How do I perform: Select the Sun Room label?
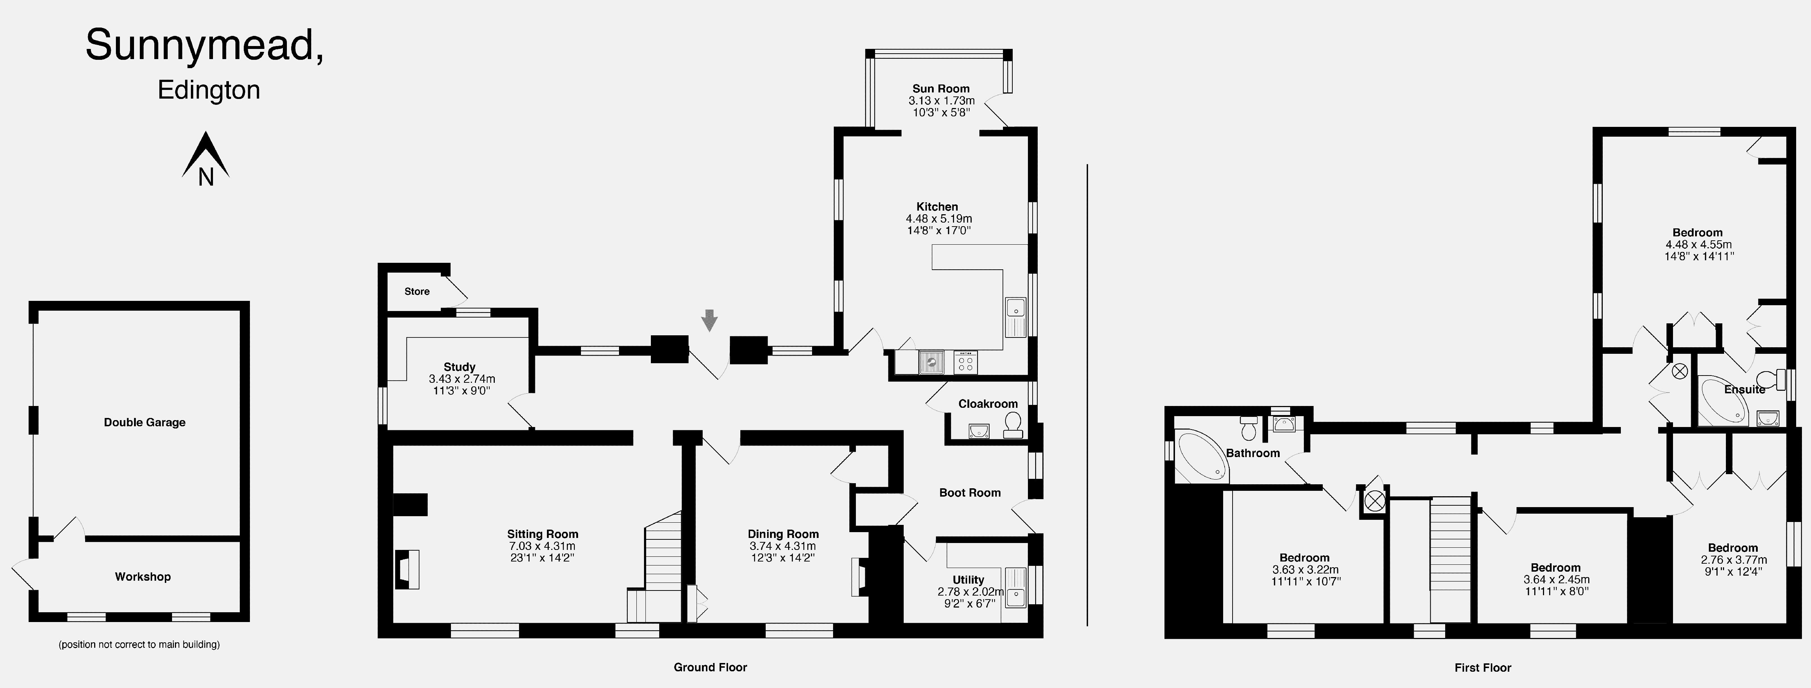click(941, 89)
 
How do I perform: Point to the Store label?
click(417, 291)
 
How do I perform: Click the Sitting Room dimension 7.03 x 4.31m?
click(542, 546)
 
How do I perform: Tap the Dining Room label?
click(783, 534)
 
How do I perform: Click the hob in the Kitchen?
click(965, 362)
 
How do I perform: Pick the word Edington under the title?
click(209, 90)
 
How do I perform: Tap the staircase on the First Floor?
click(1450, 559)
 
